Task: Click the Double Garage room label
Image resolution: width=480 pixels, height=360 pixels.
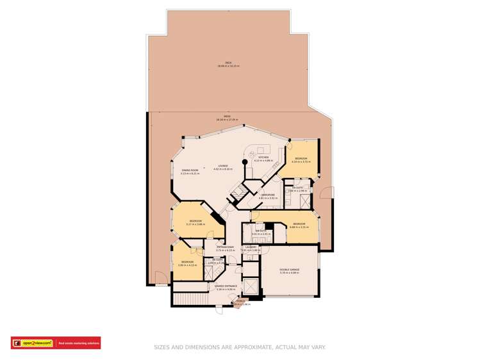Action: point(290,270)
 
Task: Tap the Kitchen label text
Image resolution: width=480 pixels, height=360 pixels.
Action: point(263,158)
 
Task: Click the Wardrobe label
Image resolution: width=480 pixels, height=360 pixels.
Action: point(267,195)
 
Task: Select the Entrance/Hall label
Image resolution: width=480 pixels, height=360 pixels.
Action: point(224,247)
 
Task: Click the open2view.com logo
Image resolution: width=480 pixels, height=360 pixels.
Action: point(32,343)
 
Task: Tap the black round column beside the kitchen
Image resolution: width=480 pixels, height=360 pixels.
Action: point(244,163)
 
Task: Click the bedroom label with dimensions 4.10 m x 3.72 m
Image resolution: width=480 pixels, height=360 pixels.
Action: point(301,159)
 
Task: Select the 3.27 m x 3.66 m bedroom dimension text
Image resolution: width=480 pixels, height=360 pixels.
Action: point(195,224)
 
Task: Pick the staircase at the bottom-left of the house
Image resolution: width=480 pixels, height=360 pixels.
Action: point(190,299)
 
